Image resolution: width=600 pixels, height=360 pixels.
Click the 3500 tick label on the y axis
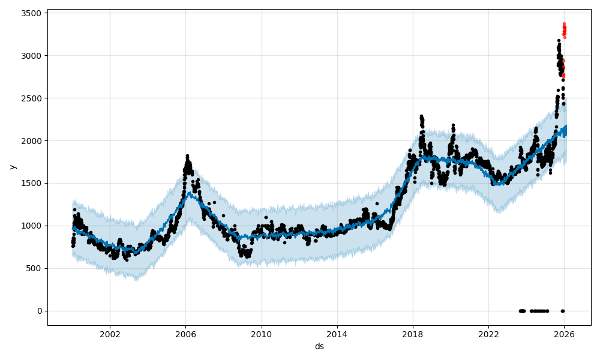[x=31, y=13]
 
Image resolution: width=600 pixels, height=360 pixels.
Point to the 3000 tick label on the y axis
[x=31, y=56]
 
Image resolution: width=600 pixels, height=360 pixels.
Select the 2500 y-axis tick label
[x=31, y=98]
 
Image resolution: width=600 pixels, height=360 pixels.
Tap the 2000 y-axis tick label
[x=31, y=141]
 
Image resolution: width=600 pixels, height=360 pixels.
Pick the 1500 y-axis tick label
[x=31, y=184]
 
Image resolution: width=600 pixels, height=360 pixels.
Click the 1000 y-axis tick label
[x=31, y=226]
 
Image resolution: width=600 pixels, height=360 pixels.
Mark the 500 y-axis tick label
[x=34, y=269]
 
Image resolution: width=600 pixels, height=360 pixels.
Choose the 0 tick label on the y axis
[x=39, y=311]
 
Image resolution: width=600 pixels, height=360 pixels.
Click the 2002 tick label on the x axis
[x=110, y=334]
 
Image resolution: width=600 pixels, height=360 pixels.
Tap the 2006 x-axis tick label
[x=185, y=334]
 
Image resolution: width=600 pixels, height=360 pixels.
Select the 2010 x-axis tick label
[x=261, y=334]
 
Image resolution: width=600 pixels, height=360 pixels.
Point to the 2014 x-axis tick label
[x=337, y=334]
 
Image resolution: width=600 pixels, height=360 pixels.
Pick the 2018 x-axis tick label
[x=412, y=334]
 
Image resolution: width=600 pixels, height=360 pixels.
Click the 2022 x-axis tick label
[x=488, y=334]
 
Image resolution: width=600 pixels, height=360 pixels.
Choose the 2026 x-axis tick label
[x=564, y=334]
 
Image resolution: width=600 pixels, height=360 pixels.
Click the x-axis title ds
[x=319, y=346]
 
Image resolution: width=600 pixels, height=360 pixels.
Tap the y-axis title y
[x=13, y=167]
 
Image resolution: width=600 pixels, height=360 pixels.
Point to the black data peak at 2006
[x=187, y=157]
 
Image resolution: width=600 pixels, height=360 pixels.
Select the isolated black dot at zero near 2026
[x=562, y=311]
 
